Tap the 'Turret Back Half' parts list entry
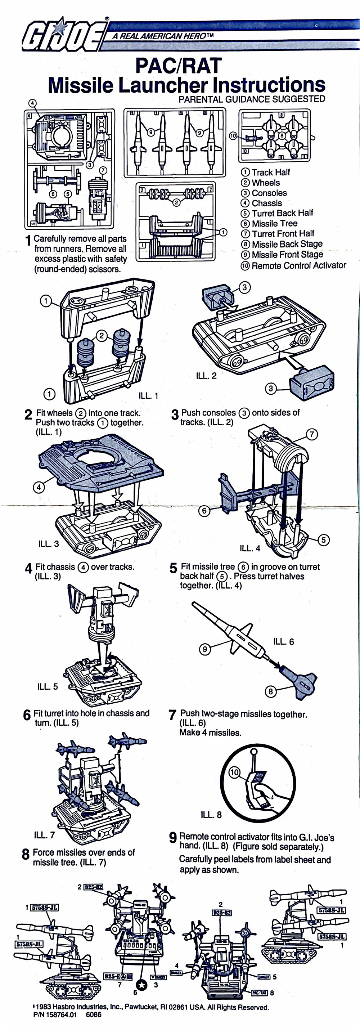(282, 213)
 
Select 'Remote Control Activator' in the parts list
(298, 265)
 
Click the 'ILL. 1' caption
(148, 395)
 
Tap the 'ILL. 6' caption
(283, 641)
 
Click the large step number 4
(28, 568)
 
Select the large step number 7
(172, 715)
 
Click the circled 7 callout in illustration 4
(311, 434)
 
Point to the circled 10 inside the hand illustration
(234, 772)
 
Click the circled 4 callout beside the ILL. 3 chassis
(39, 487)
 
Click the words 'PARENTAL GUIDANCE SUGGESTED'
(252, 99)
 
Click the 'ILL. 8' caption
(211, 815)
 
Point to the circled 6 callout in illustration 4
(204, 510)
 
